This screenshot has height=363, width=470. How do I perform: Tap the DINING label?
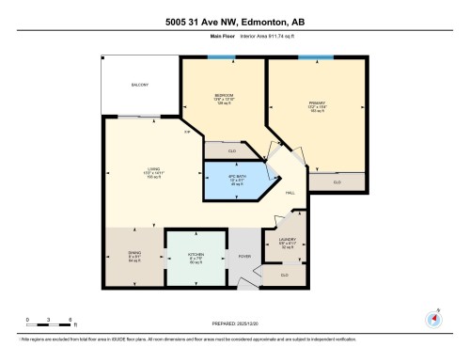pyautogui.click(x=134, y=255)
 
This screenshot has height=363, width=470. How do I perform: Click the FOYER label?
pyautogui.click(x=243, y=256)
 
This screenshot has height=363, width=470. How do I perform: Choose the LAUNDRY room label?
pyautogui.click(x=287, y=241)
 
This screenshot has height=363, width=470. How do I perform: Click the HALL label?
pyautogui.click(x=290, y=192)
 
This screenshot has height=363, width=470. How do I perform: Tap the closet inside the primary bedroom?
pyautogui.click(x=337, y=182)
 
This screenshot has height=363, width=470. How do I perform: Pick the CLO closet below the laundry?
pyautogui.click(x=285, y=274)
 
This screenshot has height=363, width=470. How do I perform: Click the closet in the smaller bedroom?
pyautogui.click(x=231, y=150)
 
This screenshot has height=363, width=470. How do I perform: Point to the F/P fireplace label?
pyautogui.click(x=187, y=132)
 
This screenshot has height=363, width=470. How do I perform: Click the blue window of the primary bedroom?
pyautogui.click(x=310, y=57)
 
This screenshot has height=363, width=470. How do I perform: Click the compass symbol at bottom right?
pyautogui.click(x=432, y=317)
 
